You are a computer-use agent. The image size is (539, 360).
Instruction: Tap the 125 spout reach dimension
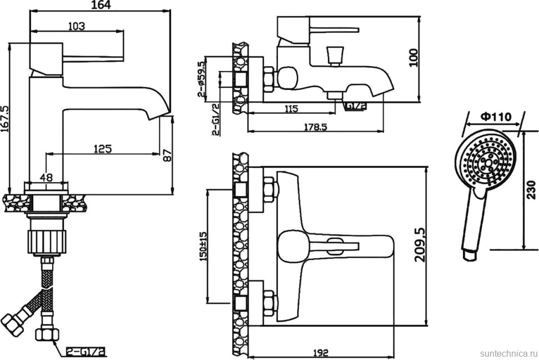tap(102, 148)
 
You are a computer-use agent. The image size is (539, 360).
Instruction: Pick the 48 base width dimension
tap(47, 178)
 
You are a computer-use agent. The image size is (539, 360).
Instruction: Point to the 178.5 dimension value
tap(315, 127)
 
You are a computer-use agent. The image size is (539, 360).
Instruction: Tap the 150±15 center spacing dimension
tap(203, 246)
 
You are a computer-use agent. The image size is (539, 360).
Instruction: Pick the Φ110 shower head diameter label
tap(496, 117)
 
